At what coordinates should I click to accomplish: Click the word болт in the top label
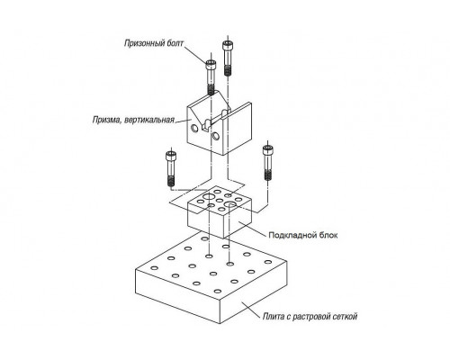pos(175,43)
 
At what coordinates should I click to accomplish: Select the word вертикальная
pos(149,121)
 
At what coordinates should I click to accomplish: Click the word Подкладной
pos(289,235)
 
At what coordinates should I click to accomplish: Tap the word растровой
pos(311,317)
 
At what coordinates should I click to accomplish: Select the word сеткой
pos(345,316)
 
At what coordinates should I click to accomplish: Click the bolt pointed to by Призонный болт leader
pos(211,76)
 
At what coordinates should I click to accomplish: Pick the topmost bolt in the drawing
pos(228,58)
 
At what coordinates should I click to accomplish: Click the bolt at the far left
pos(171,168)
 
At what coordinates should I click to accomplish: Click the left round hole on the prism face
pos(194,129)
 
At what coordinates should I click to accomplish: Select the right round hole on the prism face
pos(215,136)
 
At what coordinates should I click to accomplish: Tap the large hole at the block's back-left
pos(208,196)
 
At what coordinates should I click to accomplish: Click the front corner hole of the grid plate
pos(218,292)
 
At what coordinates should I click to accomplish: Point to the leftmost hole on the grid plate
pos(154,267)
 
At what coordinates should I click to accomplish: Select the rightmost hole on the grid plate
pos(268,262)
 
